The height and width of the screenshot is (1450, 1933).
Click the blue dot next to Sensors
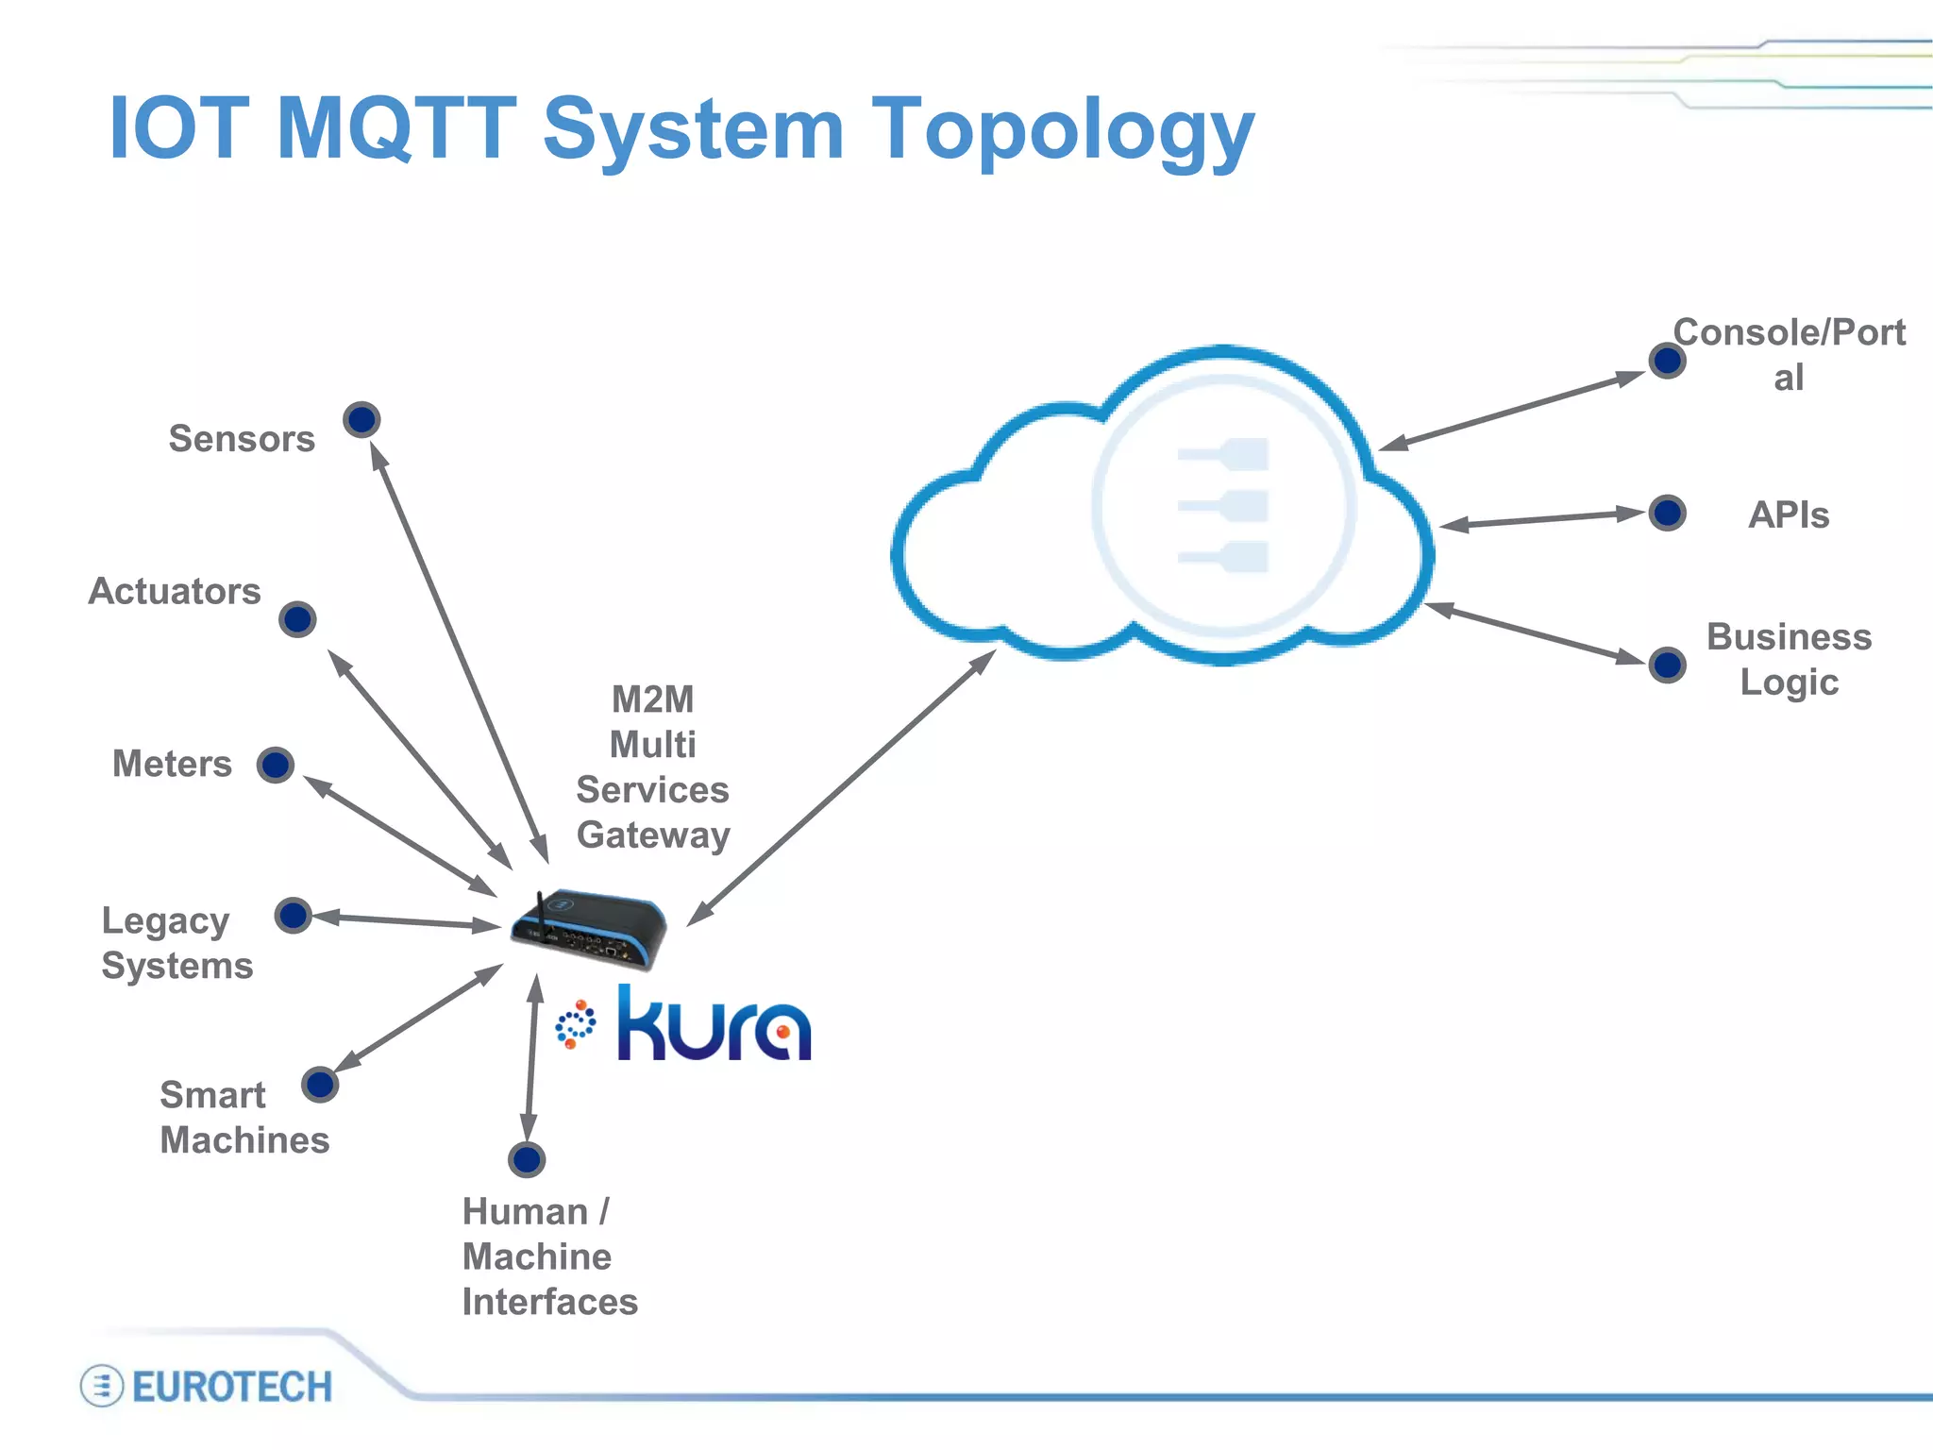[361, 419]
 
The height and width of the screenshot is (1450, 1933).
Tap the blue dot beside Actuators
[297, 619]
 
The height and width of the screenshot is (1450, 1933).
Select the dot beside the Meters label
[276, 765]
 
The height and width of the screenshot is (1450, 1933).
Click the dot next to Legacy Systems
[294, 915]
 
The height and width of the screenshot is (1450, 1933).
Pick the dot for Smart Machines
[320, 1084]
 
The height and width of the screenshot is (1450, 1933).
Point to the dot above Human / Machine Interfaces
[527, 1159]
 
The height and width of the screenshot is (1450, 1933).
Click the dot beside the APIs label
[1668, 513]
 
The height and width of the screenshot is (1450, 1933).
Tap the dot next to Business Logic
[1668, 665]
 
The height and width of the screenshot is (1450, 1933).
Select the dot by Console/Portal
[1668, 360]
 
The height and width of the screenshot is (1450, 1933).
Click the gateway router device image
[590, 929]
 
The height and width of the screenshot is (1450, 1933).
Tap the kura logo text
[714, 1024]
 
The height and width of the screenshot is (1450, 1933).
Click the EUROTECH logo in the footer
[208, 1386]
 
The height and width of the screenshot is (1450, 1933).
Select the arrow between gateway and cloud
[840, 788]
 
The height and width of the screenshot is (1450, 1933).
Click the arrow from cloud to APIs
[1543, 519]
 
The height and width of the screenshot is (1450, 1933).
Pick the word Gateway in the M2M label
[653, 835]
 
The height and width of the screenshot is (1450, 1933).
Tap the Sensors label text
[242, 439]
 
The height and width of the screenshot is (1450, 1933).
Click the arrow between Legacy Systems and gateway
[406, 920]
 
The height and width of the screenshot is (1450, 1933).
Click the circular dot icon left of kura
[575, 1024]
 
